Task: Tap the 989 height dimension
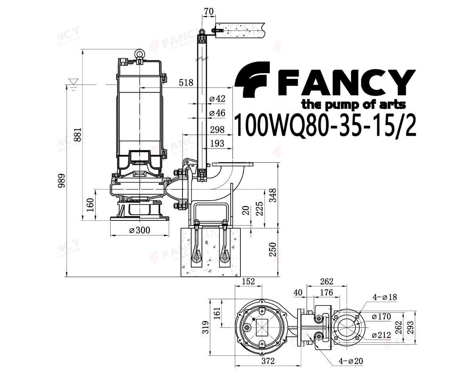tap(61, 181)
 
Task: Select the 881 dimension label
tap(78, 135)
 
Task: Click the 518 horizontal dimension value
tap(186, 83)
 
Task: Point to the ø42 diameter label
tap(217, 99)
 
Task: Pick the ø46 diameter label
tap(217, 113)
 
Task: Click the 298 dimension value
tap(217, 130)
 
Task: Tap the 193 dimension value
tap(217, 144)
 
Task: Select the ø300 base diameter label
tap(140, 230)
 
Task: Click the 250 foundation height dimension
tap(273, 249)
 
